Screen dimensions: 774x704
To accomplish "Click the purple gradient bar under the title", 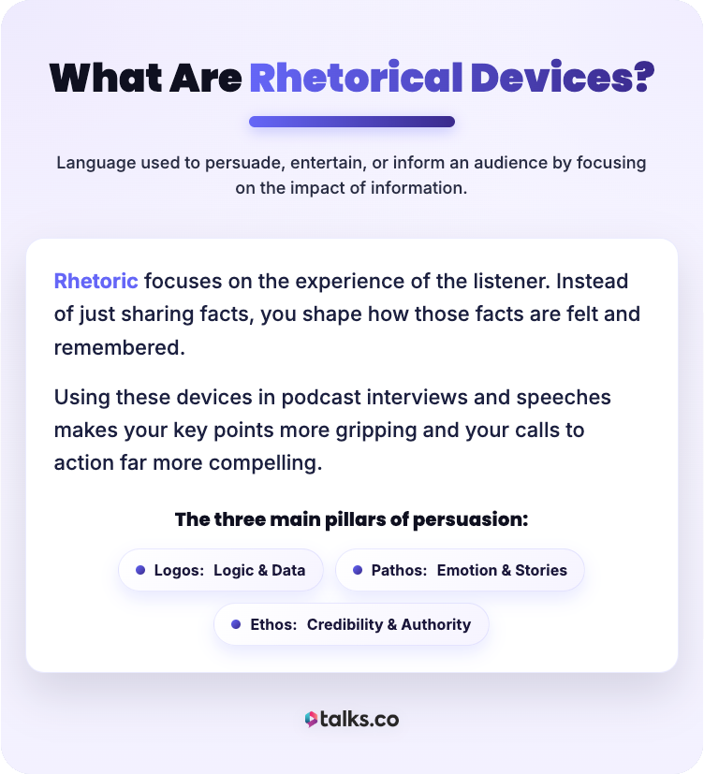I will (x=351, y=122).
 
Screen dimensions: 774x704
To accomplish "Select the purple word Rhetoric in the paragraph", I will (x=95, y=281).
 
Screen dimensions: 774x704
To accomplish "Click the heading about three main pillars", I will (x=351, y=518).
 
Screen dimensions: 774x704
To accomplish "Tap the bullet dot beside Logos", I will (x=140, y=570).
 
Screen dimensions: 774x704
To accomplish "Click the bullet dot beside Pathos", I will (x=358, y=570).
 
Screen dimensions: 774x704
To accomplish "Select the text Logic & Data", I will (x=259, y=570).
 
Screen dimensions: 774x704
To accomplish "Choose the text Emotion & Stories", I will (x=502, y=570).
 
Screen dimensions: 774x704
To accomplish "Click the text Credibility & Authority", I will (x=389, y=624).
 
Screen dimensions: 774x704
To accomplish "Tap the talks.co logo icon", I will (x=311, y=719).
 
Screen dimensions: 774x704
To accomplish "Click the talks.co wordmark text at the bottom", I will (x=360, y=719).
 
